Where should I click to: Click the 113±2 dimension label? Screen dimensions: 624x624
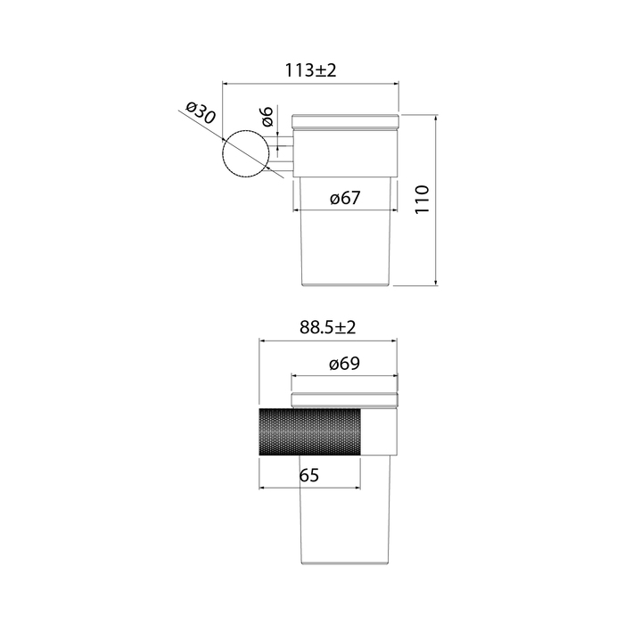pyautogui.click(x=310, y=70)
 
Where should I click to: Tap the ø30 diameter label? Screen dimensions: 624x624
pyautogui.click(x=201, y=112)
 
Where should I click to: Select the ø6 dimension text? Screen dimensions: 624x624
pyautogui.click(x=267, y=116)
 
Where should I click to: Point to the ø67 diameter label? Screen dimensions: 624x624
pyautogui.click(x=345, y=197)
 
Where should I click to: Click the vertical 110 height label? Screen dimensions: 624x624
pyautogui.click(x=423, y=200)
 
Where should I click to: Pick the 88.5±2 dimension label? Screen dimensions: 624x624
pyautogui.click(x=327, y=327)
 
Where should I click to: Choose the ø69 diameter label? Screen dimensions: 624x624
pyautogui.click(x=345, y=364)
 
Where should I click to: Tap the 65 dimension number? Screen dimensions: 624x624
pyautogui.click(x=309, y=475)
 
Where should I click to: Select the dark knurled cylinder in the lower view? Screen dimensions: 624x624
pyautogui.click(x=310, y=431)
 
